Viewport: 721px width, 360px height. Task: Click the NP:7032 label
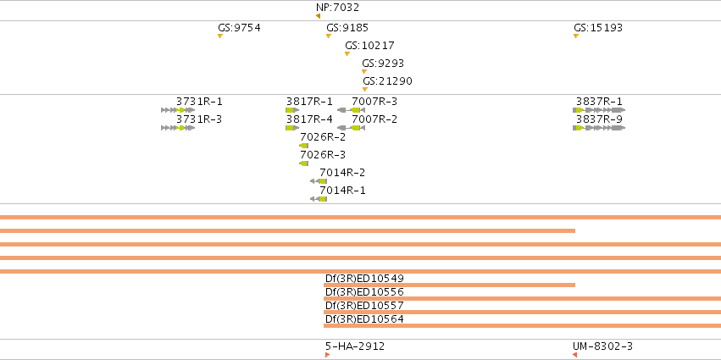pyautogui.click(x=337, y=8)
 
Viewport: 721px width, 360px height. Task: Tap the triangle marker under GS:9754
pyautogui.click(x=220, y=36)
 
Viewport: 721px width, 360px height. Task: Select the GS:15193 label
pyautogui.click(x=598, y=28)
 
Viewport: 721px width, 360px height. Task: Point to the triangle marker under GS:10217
pyautogui.click(x=347, y=54)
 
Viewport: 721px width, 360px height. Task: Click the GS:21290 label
pyautogui.click(x=387, y=81)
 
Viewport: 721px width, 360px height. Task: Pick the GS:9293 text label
pyautogui.click(x=383, y=63)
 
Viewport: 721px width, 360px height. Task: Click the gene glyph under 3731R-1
pyautogui.click(x=178, y=110)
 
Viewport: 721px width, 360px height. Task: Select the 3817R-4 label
pyautogui.click(x=309, y=119)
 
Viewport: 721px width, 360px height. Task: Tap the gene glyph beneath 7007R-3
pyautogui.click(x=351, y=110)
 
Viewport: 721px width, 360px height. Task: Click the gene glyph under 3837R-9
pyautogui.click(x=599, y=128)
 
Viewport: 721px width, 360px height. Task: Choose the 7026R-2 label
pyautogui.click(x=323, y=136)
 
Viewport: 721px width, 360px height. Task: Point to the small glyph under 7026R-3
pyautogui.click(x=303, y=163)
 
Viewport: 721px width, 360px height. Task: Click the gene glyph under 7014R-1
pyautogui.click(x=319, y=199)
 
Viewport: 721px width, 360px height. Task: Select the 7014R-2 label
pyautogui.click(x=342, y=173)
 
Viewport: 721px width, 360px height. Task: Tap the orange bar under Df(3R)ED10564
pyautogui.click(x=523, y=325)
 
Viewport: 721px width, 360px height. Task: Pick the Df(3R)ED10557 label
pyautogui.click(x=364, y=305)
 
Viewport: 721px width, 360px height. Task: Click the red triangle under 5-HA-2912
pyautogui.click(x=327, y=355)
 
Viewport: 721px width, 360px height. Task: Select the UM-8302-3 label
pyautogui.click(x=602, y=346)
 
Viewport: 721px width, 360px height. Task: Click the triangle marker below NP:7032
pyautogui.click(x=318, y=16)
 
